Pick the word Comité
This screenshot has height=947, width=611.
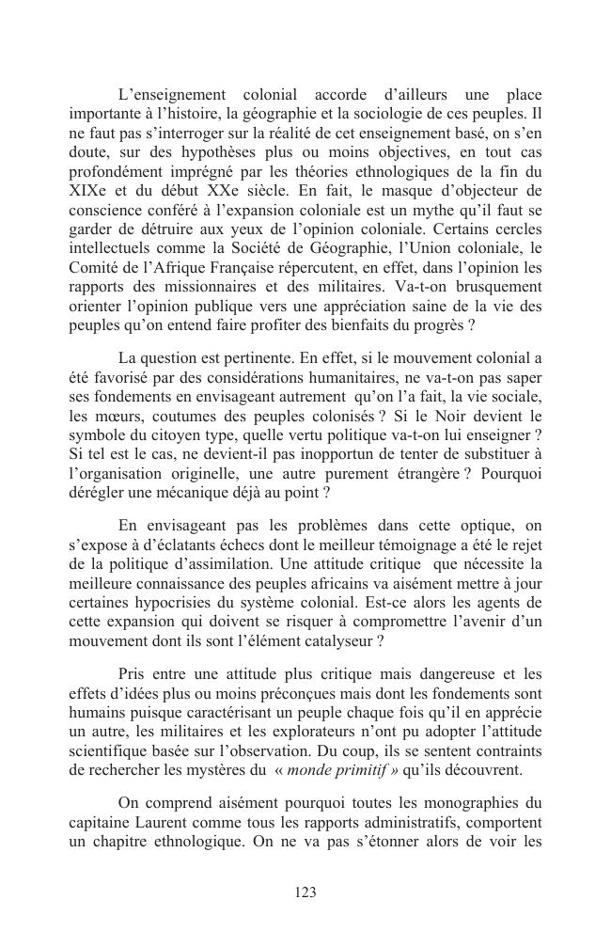pos(92,268)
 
